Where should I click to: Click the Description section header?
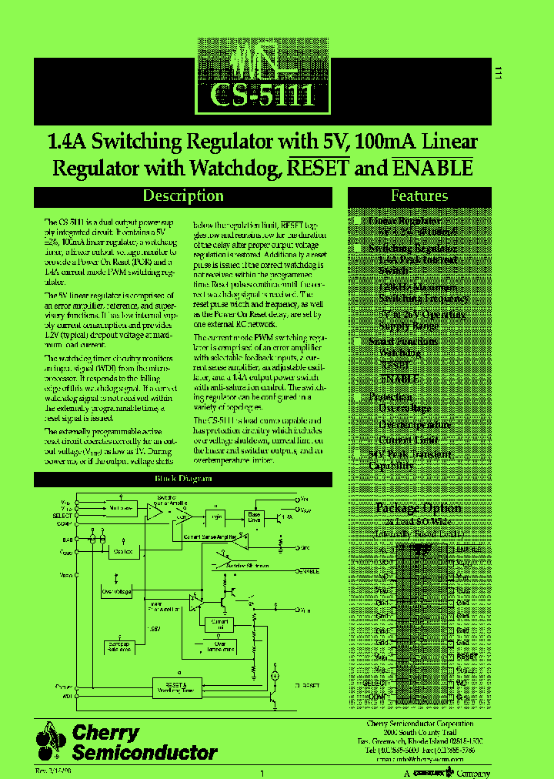coord(183,196)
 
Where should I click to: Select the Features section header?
coord(419,196)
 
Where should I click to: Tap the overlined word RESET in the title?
coord(319,168)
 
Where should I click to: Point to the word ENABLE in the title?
coord(432,168)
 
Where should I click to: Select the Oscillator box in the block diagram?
coord(123,552)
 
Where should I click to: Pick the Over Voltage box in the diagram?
coord(116,591)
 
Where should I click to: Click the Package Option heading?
coord(419,508)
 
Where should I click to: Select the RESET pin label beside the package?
coord(466,657)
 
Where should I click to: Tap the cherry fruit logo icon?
coord(50,743)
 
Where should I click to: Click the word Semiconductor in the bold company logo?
coord(144,753)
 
